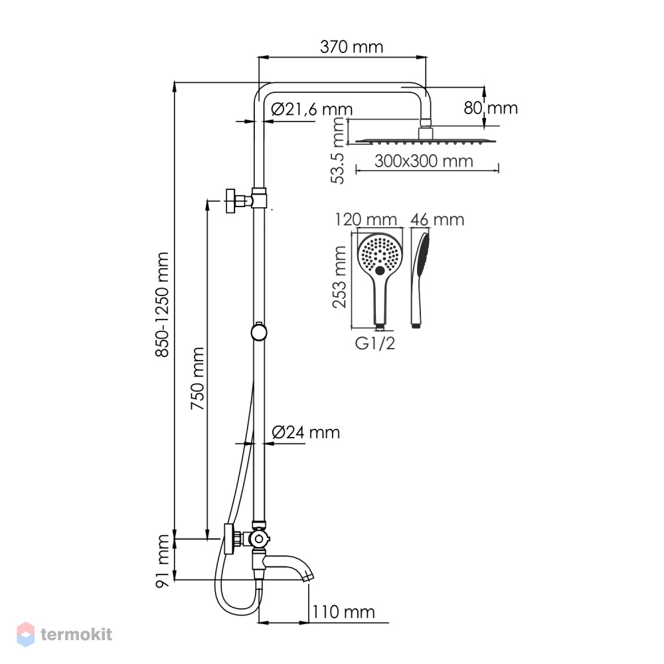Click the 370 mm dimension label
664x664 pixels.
[x=351, y=46]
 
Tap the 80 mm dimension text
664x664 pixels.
[x=491, y=108]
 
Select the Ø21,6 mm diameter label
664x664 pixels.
[x=311, y=110]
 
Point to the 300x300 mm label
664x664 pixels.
[x=424, y=161]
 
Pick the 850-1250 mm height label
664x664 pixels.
[x=162, y=305]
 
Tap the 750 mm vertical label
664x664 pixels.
[x=197, y=378]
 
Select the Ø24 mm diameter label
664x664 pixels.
[x=305, y=432]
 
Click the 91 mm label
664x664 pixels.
[x=162, y=560]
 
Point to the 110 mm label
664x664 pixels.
[x=343, y=612]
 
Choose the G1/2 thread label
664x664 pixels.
[x=374, y=343]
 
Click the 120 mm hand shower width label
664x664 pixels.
[x=366, y=220]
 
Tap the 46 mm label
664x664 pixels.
[x=437, y=220]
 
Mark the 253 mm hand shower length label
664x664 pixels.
[x=339, y=277]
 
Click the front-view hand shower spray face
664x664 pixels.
[x=380, y=254]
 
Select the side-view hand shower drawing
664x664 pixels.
[x=419, y=280]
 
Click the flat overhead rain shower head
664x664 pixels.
[x=425, y=141]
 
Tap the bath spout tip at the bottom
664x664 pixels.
[x=310, y=578]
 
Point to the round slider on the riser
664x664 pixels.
[x=259, y=332]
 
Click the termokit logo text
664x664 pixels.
[x=76, y=634]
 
